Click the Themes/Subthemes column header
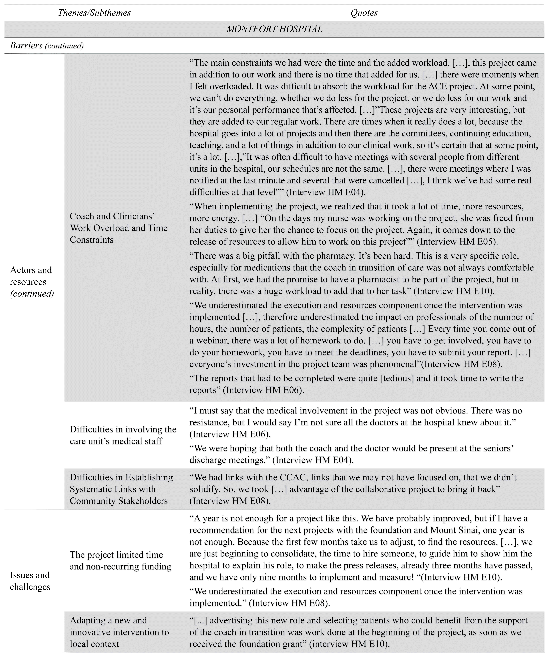(x=94, y=13)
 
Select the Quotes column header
(x=364, y=13)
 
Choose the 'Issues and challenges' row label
(x=30, y=581)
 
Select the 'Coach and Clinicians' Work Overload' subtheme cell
(x=119, y=228)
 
